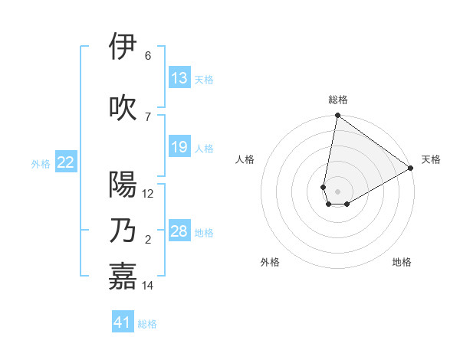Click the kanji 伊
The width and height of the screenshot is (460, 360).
pyautogui.click(x=123, y=47)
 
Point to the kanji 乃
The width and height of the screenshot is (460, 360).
pyautogui.click(x=123, y=231)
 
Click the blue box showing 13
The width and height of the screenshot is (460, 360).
pyautogui.click(x=179, y=78)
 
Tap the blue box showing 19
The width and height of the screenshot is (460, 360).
pyautogui.click(x=179, y=147)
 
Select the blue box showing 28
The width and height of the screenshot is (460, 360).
pyautogui.click(x=179, y=231)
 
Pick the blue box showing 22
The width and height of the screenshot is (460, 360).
pyautogui.click(x=65, y=162)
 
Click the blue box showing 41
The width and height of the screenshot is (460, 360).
pyautogui.click(x=123, y=322)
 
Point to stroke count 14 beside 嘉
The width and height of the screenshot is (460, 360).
pyautogui.click(x=148, y=286)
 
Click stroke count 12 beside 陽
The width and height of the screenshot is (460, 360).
pyautogui.click(x=148, y=194)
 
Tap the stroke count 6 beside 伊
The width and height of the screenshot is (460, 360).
pyautogui.click(x=148, y=56)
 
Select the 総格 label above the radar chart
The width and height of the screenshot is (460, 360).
pyautogui.click(x=337, y=100)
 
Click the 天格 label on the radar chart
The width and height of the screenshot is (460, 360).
pyautogui.click(x=431, y=159)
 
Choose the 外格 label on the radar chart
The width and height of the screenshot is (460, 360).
pyautogui.click(x=270, y=262)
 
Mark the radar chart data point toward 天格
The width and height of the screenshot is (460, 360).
pyautogui.click(x=411, y=168)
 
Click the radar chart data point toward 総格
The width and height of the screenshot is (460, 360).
pyautogui.click(x=337, y=116)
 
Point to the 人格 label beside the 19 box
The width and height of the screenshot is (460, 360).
pyautogui.click(x=204, y=148)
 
